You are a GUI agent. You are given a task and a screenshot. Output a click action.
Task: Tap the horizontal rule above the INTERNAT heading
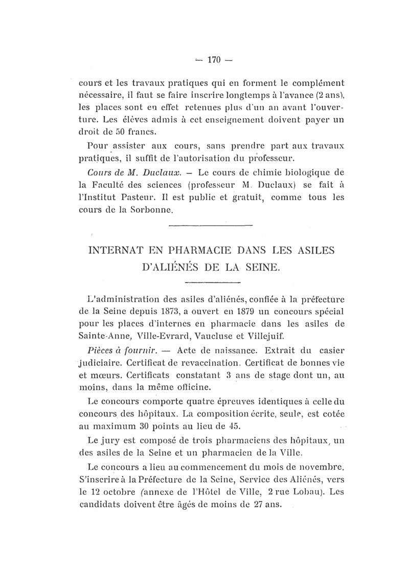(211, 225)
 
